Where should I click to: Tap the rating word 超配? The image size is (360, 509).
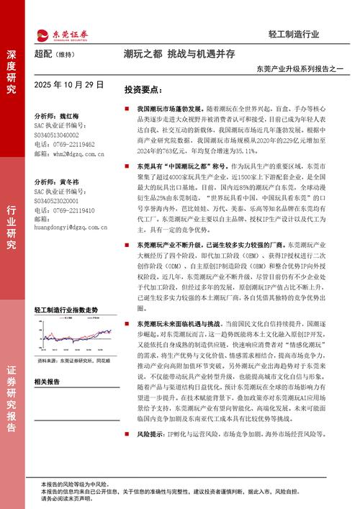(43, 55)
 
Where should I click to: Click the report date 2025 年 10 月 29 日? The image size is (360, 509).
(69, 85)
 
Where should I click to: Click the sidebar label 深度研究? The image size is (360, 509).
(12, 72)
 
